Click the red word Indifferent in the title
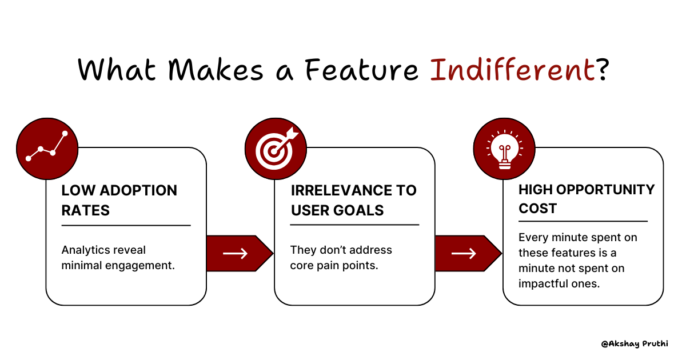click(512, 70)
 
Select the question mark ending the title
click(601, 70)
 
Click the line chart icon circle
click(46, 147)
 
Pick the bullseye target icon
click(275, 147)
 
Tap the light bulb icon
click(504, 147)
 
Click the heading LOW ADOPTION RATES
click(119, 200)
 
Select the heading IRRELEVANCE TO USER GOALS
click(353, 200)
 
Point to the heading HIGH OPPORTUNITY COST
click(587, 199)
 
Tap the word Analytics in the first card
click(87, 250)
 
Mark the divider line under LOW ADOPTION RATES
click(126, 226)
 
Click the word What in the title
click(114, 70)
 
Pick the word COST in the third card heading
click(537, 209)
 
